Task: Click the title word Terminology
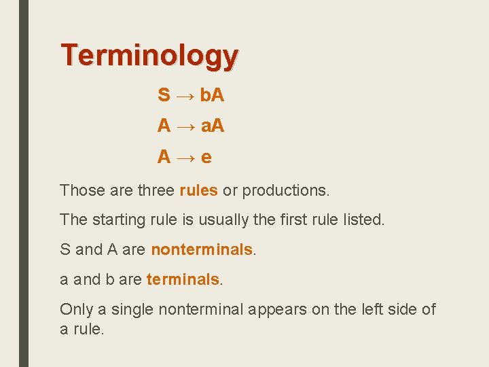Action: coord(149,56)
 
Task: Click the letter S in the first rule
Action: coord(164,95)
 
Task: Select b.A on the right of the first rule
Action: coord(212,95)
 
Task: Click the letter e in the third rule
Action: coord(206,157)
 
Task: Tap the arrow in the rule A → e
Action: coord(185,158)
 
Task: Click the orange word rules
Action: coord(198,190)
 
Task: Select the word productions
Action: coord(285,190)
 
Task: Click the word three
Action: coord(156,190)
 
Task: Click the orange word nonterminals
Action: coord(202,249)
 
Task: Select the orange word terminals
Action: coord(183,279)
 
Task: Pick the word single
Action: coord(132,310)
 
